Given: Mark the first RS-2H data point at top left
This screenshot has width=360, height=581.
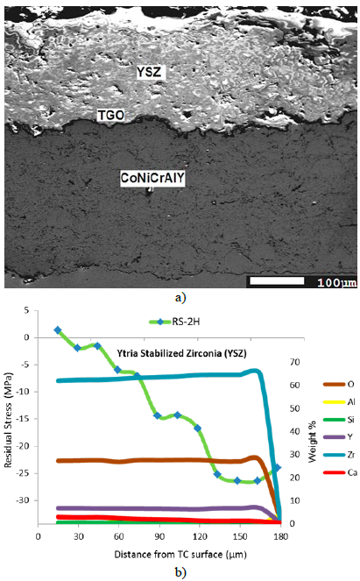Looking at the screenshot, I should pos(58,330).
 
